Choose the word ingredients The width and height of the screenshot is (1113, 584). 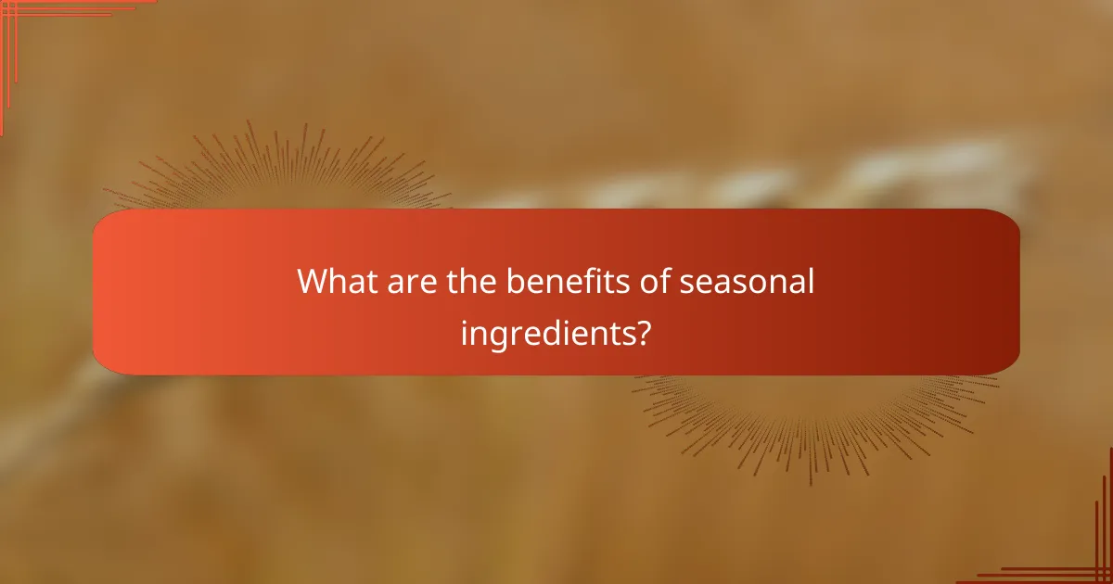pos(543,332)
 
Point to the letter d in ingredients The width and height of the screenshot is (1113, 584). pos(550,330)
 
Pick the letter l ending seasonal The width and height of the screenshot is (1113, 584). pos(811,281)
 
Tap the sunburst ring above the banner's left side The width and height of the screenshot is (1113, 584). pos(278,167)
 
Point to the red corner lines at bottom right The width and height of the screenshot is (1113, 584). pos(1085,556)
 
